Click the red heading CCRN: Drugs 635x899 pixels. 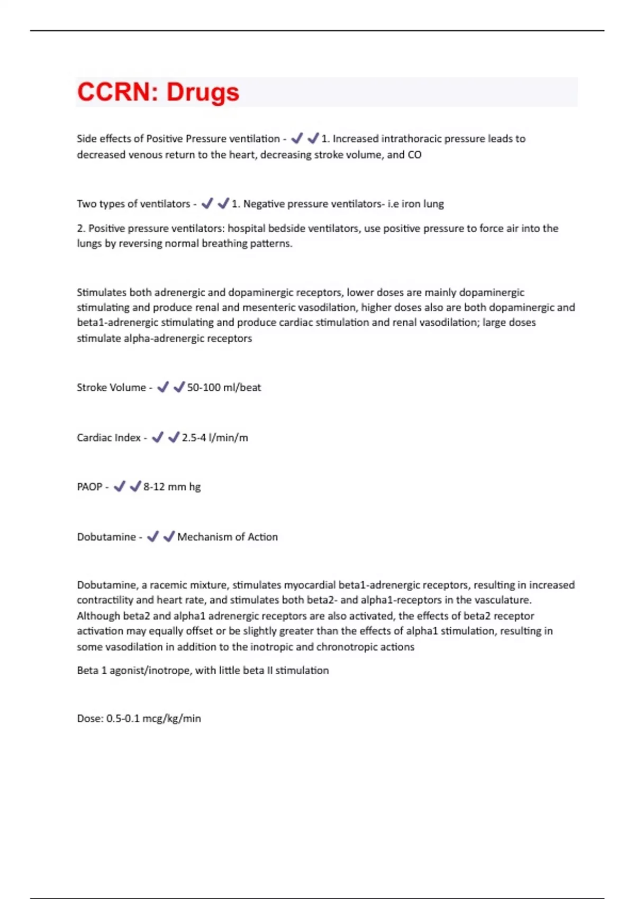click(158, 92)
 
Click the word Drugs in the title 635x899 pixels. click(203, 92)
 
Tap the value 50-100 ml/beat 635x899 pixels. click(224, 388)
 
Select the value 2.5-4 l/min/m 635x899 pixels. click(215, 438)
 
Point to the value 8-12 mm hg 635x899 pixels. click(172, 487)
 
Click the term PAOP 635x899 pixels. click(89, 487)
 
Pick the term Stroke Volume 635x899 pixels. click(111, 388)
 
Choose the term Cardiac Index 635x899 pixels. click(108, 438)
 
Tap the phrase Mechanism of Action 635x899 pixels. click(228, 537)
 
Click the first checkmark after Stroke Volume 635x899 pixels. click(163, 387)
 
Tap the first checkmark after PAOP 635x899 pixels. click(120, 487)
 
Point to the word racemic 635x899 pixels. click(168, 585)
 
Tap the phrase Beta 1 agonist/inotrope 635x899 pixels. click(134, 671)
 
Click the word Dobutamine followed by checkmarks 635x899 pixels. click(106, 537)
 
